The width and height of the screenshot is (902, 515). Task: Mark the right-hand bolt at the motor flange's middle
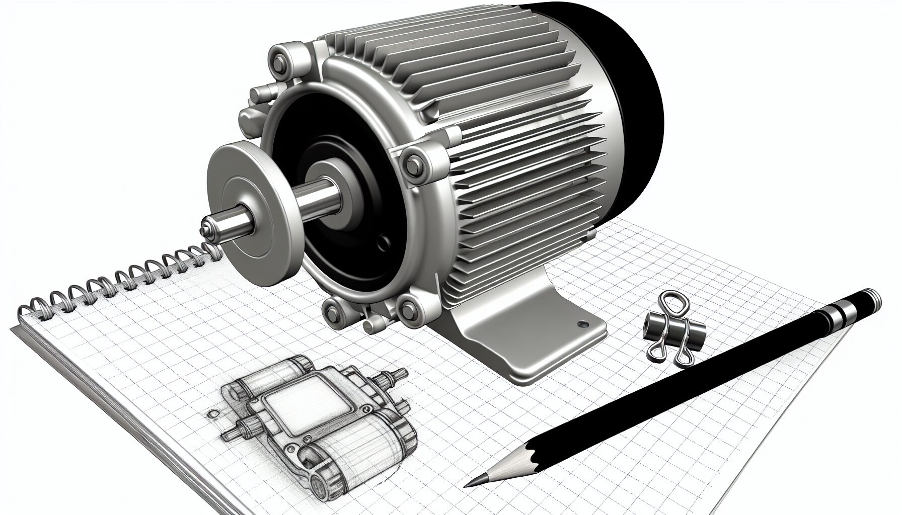414,162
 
